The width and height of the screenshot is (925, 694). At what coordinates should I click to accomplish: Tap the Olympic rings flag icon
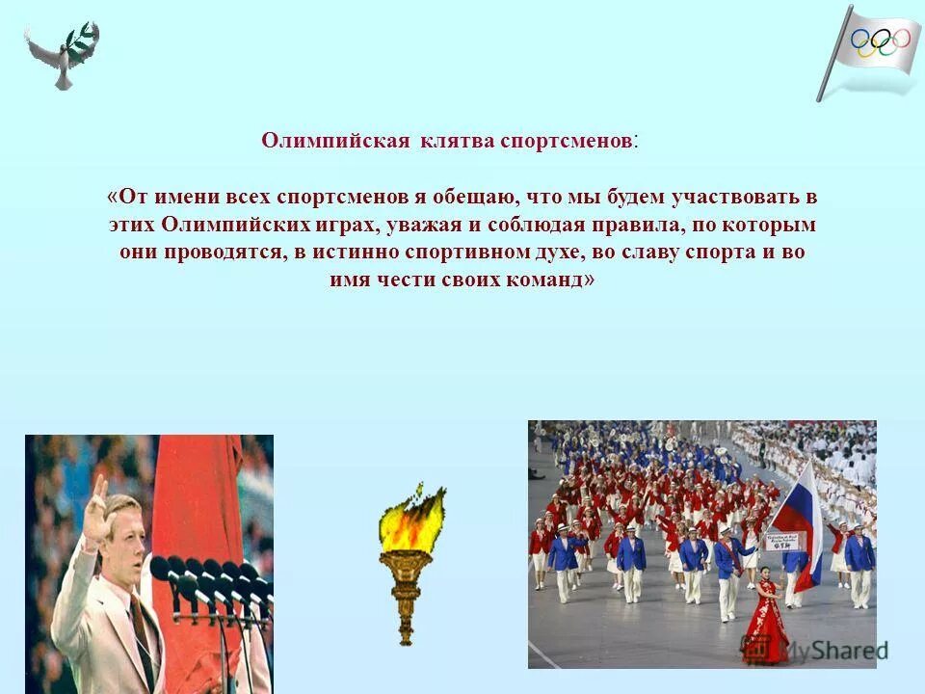(872, 48)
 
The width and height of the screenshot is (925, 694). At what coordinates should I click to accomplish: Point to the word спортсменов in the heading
(567, 141)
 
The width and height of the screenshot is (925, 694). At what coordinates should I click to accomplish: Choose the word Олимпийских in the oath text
(227, 226)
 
